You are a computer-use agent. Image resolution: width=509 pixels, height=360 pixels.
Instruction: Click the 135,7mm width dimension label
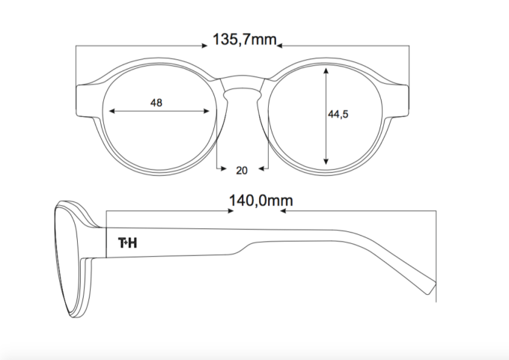point(245,40)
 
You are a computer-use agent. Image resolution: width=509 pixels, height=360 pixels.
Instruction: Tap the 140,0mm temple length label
point(261,201)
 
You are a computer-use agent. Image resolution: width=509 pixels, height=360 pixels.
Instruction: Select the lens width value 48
point(156,103)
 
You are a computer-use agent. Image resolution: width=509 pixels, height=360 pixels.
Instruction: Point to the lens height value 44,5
point(338,115)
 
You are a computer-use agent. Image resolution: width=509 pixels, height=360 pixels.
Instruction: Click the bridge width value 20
point(242,171)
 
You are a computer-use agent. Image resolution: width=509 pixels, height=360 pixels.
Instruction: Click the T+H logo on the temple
point(127,242)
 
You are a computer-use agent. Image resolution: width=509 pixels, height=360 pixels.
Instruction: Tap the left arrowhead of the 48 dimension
point(112,112)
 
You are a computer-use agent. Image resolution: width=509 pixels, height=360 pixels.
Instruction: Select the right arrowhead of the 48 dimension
point(206,112)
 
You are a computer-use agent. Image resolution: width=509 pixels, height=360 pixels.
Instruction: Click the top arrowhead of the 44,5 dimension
point(326,70)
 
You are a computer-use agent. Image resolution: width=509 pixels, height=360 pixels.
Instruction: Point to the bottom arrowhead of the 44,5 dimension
point(326,162)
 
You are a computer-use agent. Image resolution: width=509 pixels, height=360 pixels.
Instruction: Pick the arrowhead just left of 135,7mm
point(204,46)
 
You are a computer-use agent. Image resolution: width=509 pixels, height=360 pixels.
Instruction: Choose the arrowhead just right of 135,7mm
point(280,46)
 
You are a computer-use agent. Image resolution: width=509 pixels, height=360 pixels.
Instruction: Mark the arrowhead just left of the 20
point(223,168)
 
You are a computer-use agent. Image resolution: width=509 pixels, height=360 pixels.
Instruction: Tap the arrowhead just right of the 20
point(262,168)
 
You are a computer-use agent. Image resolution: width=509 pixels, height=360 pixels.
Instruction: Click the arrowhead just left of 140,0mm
point(231,211)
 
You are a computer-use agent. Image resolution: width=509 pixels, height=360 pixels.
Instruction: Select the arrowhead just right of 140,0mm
point(283,211)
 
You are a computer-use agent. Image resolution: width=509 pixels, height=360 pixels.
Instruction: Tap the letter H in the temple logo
point(132,242)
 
